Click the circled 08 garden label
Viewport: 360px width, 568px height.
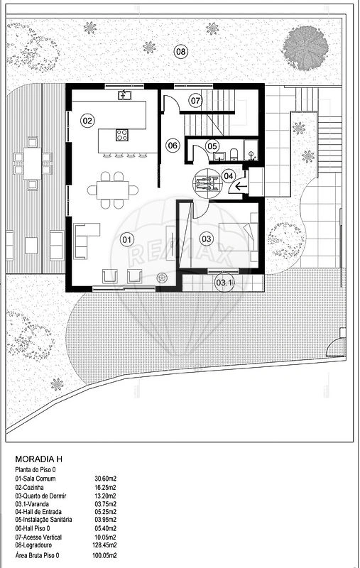click(180, 51)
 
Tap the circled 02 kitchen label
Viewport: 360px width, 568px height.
click(87, 121)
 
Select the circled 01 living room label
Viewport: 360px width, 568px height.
click(127, 239)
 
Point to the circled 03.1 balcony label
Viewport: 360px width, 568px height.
click(224, 282)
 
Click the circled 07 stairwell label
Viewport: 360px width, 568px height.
click(195, 100)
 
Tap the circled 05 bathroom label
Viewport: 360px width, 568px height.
click(212, 146)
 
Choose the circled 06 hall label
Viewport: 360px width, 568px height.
click(173, 146)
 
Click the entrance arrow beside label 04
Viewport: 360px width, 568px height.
click(241, 187)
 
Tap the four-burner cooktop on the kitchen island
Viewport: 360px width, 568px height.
click(121, 135)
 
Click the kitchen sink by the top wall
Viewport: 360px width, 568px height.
click(124, 95)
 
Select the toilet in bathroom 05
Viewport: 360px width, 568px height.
click(234, 153)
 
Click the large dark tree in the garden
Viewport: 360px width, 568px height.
click(305, 48)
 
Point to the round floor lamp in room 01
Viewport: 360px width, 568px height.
click(161, 278)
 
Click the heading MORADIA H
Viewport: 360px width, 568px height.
click(39, 459)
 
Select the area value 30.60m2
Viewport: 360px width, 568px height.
click(105, 479)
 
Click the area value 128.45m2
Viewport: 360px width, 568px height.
click(104, 545)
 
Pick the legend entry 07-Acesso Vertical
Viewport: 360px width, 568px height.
click(38, 537)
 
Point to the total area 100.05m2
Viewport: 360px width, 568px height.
click(104, 555)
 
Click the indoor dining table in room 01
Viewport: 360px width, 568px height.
click(113, 190)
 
